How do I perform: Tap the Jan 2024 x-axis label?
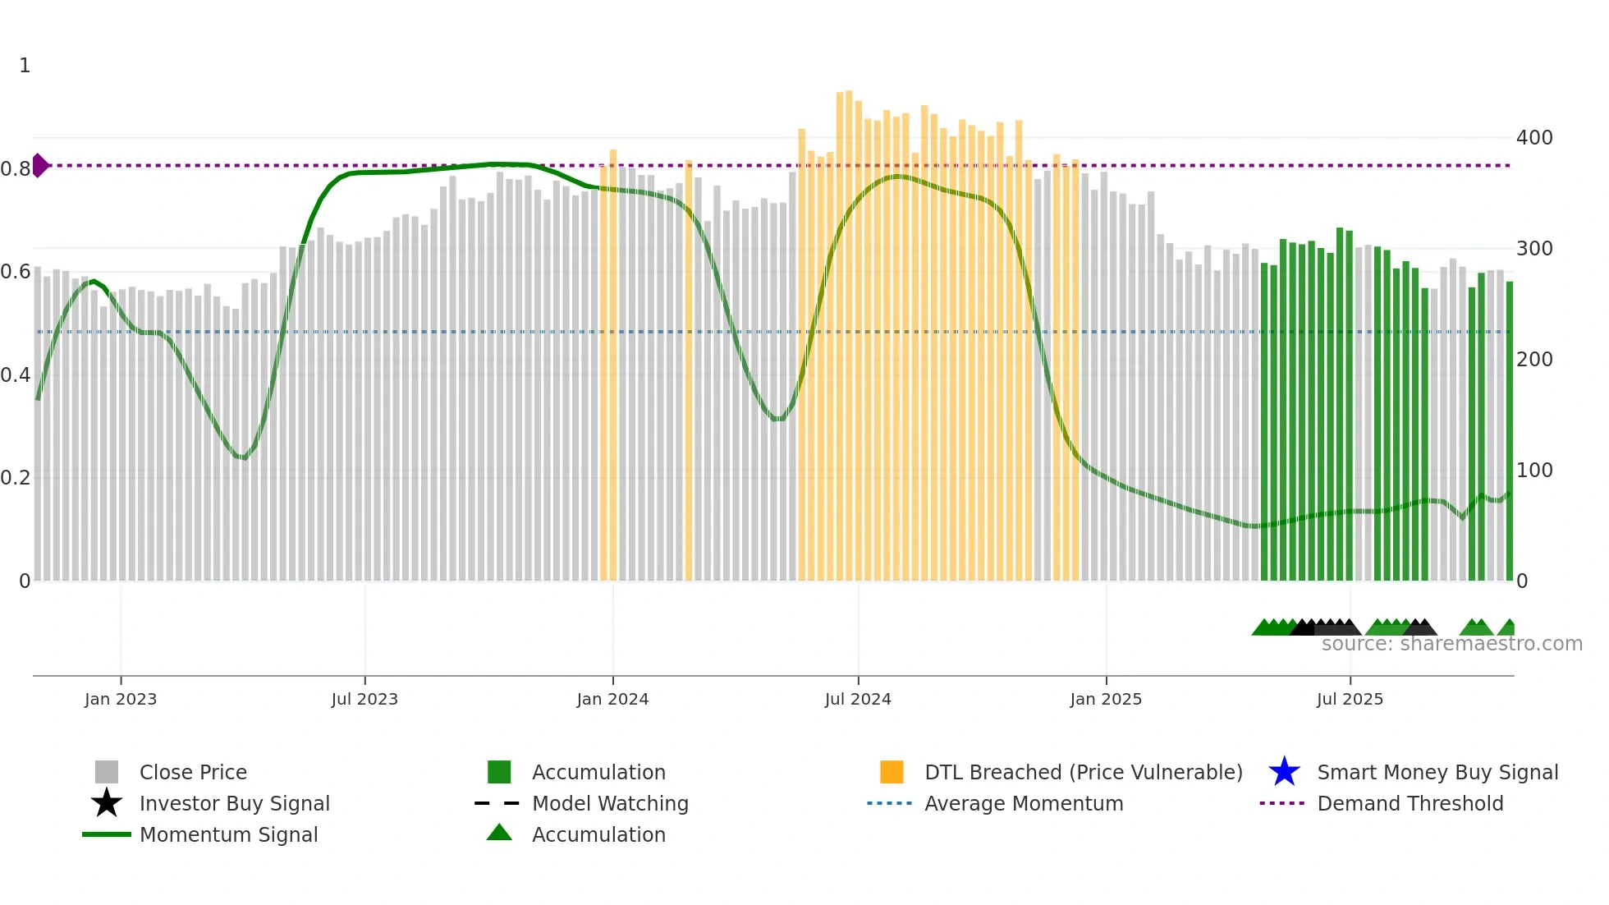coord(612,699)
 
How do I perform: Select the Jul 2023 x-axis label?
coord(364,699)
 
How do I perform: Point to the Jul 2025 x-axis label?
coord(1350,699)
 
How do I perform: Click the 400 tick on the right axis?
coord(1533,137)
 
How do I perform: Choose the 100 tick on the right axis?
coord(1533,471)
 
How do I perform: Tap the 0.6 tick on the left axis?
coord(16,272)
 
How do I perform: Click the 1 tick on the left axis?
coord(25,66)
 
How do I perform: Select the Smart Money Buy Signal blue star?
coord(1284,772)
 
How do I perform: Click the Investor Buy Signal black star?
coord(107,803)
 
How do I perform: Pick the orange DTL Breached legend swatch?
coord(892,772)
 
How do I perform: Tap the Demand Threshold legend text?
coord(1410,803)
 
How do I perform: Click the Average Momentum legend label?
coord(1023,803)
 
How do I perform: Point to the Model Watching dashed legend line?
coord(497,803)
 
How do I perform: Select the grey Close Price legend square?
coord(107,772)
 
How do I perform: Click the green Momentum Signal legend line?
coord(107,834)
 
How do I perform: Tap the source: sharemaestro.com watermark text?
coord(1451,644)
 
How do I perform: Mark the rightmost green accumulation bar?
coord(1509,431)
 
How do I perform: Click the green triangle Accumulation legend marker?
coord(499,833)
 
